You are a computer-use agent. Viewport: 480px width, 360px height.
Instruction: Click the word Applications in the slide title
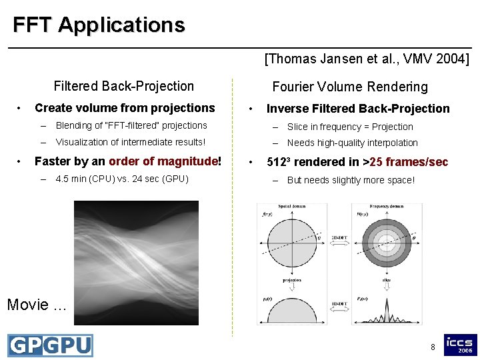pos(121,25)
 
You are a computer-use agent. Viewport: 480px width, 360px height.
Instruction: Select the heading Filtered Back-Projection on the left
pos(123,86)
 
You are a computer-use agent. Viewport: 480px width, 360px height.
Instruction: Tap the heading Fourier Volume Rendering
pos(350,87)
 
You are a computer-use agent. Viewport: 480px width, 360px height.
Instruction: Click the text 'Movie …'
pos(37,305)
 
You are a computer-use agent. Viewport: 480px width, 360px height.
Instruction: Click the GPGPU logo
pos(50,345)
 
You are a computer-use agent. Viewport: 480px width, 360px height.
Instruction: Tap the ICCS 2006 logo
pos(461,345)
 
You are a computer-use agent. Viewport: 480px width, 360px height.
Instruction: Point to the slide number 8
pos(433,347)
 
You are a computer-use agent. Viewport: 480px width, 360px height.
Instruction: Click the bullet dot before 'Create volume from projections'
pos(21,108)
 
